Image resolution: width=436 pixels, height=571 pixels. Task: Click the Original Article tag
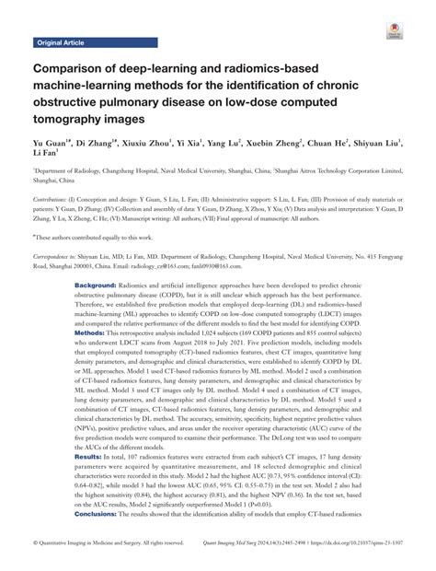[61, 42]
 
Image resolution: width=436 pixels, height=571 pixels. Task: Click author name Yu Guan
[47, 145]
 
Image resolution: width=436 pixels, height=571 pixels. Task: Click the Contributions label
[55, 199]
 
